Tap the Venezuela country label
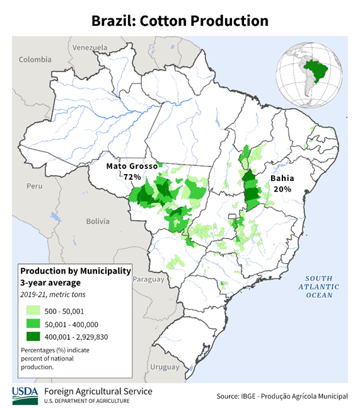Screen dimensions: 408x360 coord(91,48)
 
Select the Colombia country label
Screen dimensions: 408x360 coord(35,59)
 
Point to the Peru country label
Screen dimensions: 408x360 coord(34,187)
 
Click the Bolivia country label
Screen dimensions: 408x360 coord(98,221)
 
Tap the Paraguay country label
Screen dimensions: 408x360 coord(149,279)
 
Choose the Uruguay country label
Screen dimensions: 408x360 coord(165,366)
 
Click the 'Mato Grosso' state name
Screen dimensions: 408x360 coord(132,166)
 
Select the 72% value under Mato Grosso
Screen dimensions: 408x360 coord(132,177)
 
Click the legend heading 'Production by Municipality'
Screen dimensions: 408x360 coord(75,271)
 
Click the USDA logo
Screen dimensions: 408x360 coord(24,395)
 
